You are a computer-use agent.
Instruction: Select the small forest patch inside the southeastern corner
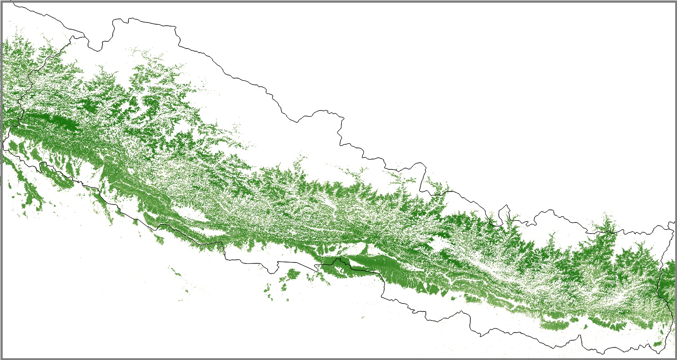tap(658, 344)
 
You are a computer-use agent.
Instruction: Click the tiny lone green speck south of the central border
tap(363, 318)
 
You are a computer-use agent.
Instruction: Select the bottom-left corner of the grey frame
tap(1, 358)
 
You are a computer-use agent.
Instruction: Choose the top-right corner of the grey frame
tap(675, 1)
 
